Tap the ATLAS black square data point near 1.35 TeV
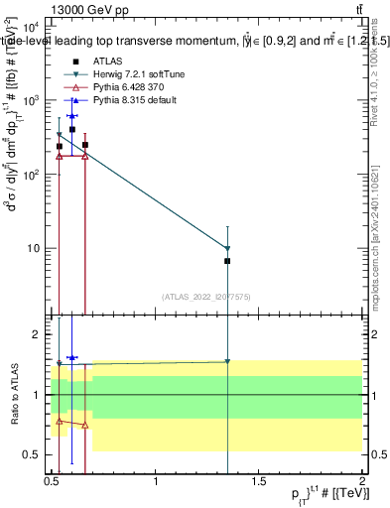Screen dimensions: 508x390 [x=228, y=261]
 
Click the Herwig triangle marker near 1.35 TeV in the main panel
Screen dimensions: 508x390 [x=228, y=248]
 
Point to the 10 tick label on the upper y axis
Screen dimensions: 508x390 [x=36, y=248]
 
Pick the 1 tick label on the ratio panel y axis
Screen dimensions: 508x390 [x=41, y=395]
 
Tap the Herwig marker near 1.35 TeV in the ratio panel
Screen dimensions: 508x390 [x=228, y=361]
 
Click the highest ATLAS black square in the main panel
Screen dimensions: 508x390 [x=72, y=129]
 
